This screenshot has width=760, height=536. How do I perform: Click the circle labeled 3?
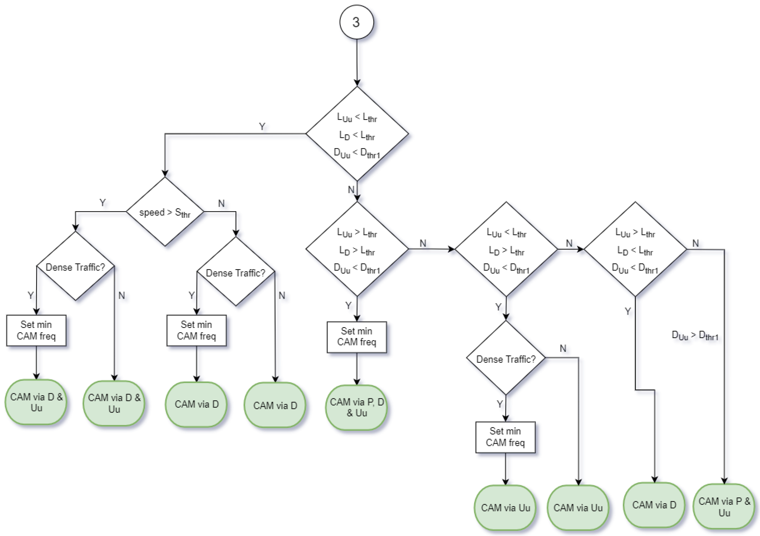point(356,22)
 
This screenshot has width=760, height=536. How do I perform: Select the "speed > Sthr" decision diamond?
point(165,212)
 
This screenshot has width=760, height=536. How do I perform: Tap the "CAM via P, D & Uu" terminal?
point(356,407)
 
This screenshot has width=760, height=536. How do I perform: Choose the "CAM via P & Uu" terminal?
point(724,507)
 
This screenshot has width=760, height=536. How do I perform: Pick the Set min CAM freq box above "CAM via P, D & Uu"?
point(356,337)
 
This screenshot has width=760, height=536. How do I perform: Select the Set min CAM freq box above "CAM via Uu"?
point(505,437)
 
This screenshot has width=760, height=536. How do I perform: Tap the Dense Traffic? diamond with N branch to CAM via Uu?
point(506,358)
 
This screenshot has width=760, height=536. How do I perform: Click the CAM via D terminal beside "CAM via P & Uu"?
point(654,505)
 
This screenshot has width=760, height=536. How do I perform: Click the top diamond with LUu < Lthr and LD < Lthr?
point(357,134)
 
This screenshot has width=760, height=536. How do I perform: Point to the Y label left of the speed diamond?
point(103,202)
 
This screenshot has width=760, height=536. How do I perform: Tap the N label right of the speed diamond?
point(221,203)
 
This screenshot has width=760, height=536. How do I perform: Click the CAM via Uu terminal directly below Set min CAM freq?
point(505,507)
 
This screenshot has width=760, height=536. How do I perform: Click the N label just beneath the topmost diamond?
point(351,189)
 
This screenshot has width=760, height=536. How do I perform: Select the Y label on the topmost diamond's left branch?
point(262,126)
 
